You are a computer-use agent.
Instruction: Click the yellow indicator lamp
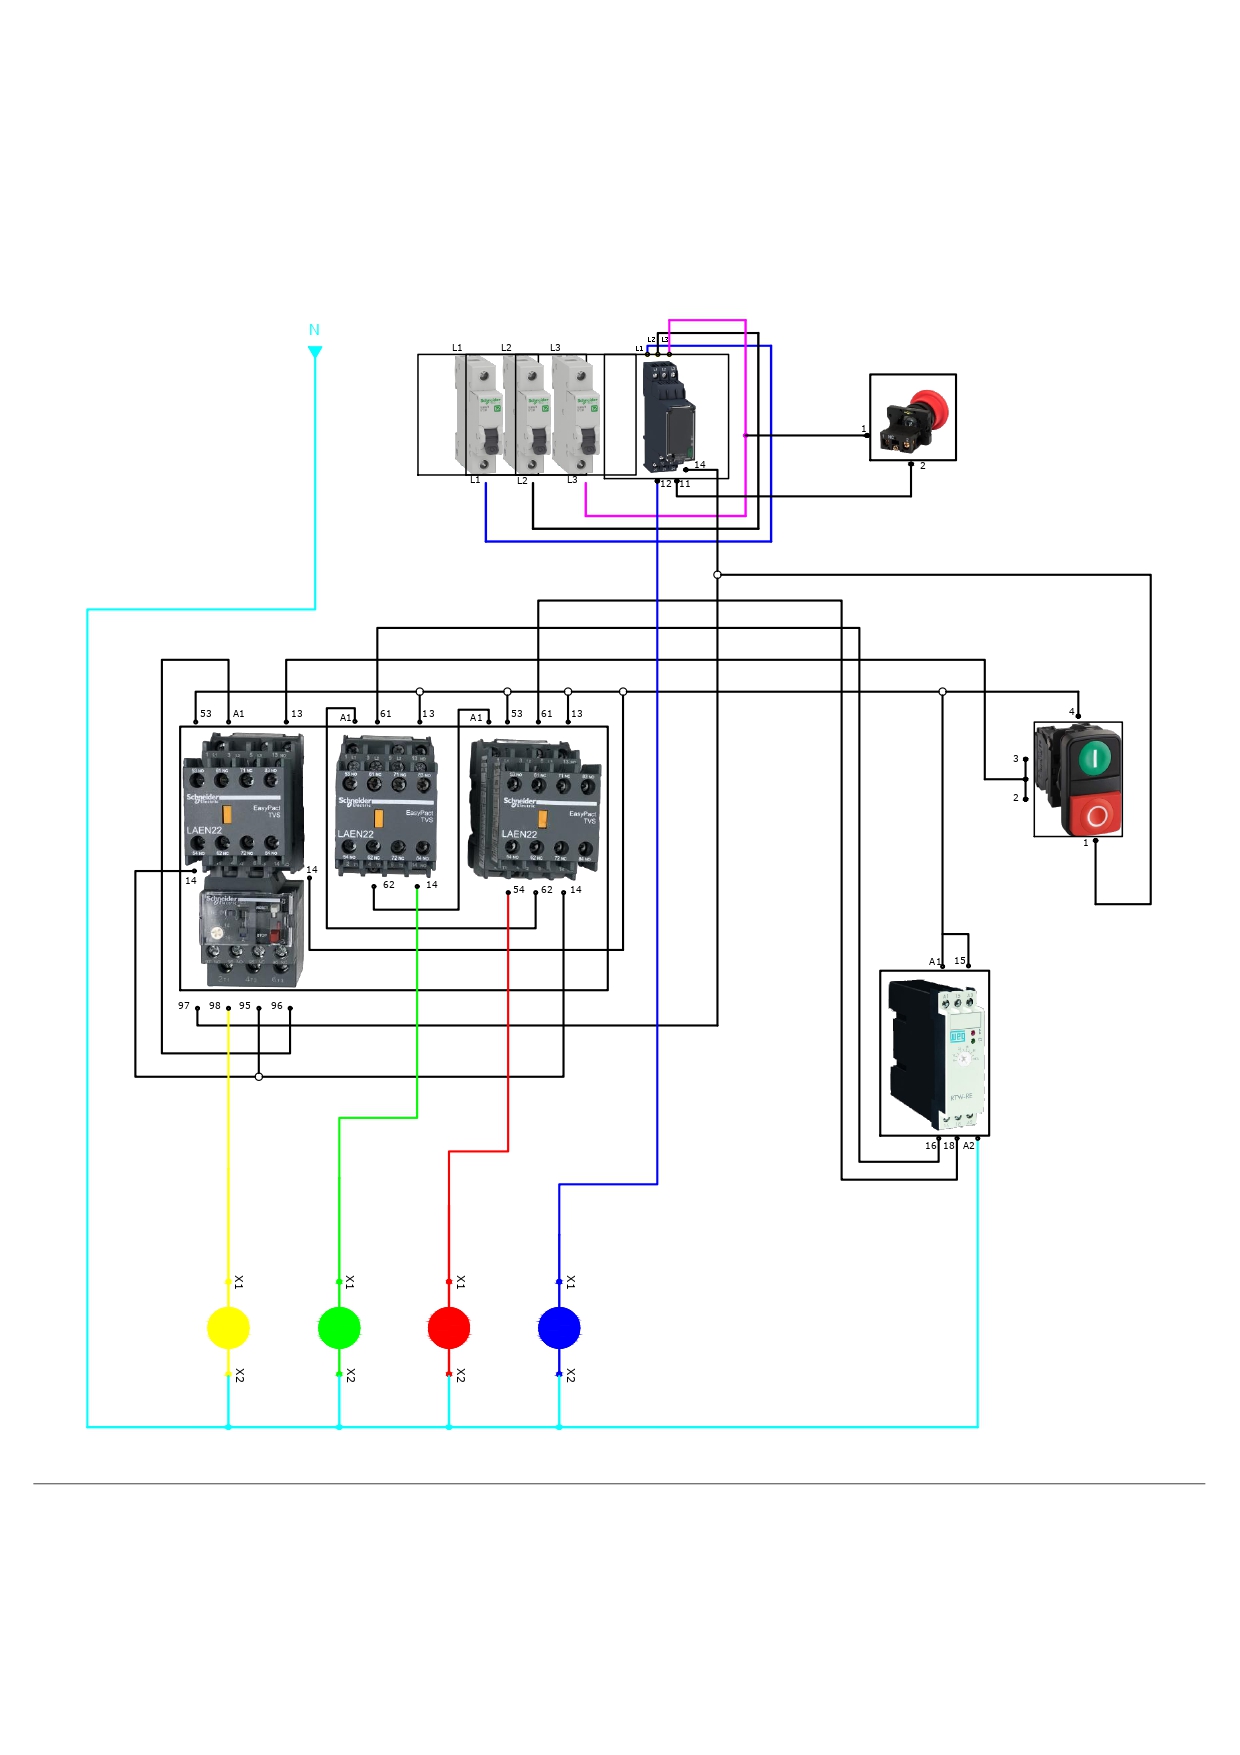pyautogui.click(x=228, y=1328)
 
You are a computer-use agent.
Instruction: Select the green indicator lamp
pyautogui.click(x=339, y=1328)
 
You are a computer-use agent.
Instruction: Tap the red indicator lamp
pyautogui.click(x=449, y=1328)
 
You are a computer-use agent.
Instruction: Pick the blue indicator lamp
pyautogui.click(x=559, y=1328)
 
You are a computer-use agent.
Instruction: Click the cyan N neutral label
pyautogui.click(x=314, y=330)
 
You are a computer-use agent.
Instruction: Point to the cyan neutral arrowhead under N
pyautogui.click(x=315, y=352)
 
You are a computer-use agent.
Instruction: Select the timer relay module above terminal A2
pyautogui.click(x=938, y=1054)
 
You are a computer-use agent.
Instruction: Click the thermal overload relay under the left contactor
pyautogui.click(x=252, y=936)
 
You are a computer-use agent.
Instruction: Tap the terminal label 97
pyautogui.click(x=184, y=1006)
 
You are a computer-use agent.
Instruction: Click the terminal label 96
pyautogui.click(x=277, y=1006)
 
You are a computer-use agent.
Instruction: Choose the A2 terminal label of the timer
pyautogui.click(x=969, y=1146)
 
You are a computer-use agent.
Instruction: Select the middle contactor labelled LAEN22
pyautogui.click(x=386, y=806)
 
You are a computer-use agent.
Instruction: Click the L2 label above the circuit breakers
pyautogui.click(x=506, y=348)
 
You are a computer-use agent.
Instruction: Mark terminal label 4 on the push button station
pyautogui.click(x=1071, y=712)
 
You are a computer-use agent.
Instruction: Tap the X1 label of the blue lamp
pyautogui.click(x=571, y=1282)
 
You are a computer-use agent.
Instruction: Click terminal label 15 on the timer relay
pyautogui.click(x=960, y=961)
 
